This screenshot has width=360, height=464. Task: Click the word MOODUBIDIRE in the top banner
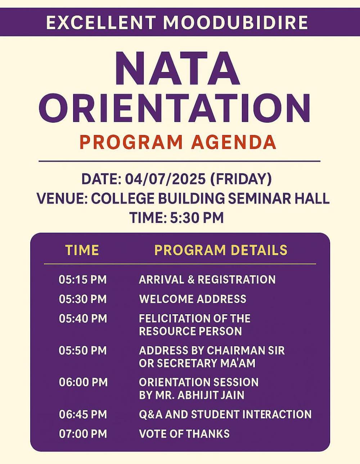pos(236,22)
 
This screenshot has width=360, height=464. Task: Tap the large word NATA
pos(177,69)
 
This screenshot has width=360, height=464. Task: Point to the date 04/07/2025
pos(165,179)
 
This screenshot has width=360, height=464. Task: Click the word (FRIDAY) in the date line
pos(241,179)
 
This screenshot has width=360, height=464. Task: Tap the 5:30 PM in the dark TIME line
pos(197,218)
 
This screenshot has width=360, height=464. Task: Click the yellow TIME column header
pos(82,250)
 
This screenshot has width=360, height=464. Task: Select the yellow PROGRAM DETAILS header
pos(221,250)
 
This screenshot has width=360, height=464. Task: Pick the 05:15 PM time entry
pos(83,280)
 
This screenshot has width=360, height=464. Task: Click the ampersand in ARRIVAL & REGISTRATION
pos(191,280)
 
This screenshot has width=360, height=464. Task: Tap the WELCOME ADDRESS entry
pos(193,299)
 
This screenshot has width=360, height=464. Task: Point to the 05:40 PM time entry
pos(83,318)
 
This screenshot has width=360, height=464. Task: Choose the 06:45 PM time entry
pos(83,414)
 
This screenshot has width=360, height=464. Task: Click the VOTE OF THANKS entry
pos(184,434)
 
